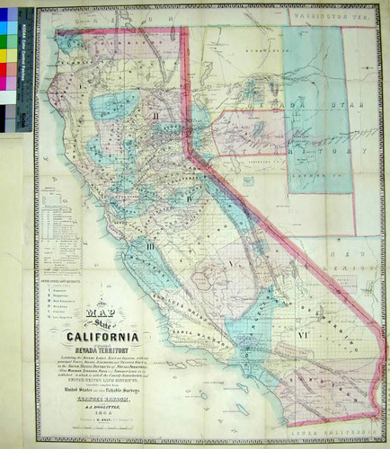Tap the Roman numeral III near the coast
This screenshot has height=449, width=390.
click(x=151, y=243)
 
